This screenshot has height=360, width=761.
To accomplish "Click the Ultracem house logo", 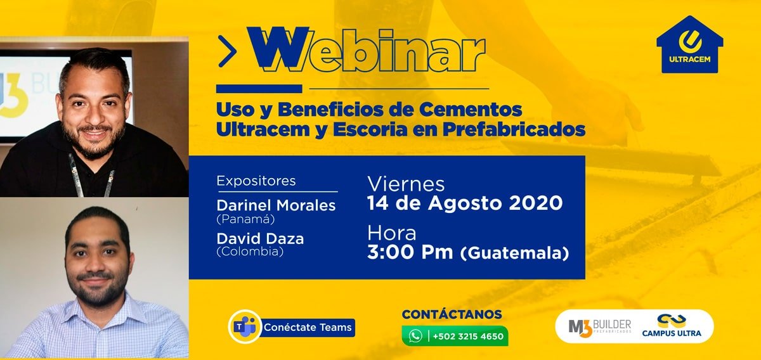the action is point(690,44).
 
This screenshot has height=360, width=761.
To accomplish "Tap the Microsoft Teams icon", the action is point(245,326).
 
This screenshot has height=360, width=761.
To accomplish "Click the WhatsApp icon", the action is point(415,336).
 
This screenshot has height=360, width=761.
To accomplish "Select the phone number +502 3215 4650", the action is point(468,336).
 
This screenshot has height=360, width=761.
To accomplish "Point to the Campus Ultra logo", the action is point(672,325).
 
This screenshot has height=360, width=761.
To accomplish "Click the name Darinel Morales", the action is point(276,205).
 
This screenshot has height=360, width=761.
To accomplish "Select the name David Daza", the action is point(260,238).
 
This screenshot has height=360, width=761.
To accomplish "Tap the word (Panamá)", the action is point(245,219).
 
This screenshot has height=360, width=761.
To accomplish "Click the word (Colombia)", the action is point(250,252).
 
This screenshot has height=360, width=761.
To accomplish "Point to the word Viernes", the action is point(406,184).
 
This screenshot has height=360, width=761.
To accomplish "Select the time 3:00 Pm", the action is point(410,252).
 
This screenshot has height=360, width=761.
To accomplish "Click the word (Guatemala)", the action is point(514,254).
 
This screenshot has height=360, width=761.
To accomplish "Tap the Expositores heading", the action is point(256,181).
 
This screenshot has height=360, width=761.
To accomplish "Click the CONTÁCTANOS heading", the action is point(452,314).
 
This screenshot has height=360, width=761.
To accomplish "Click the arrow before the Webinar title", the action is point(227,51).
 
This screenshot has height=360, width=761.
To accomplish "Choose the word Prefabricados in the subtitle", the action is point(514,129).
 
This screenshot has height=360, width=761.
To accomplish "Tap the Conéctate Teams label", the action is point(308,328).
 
